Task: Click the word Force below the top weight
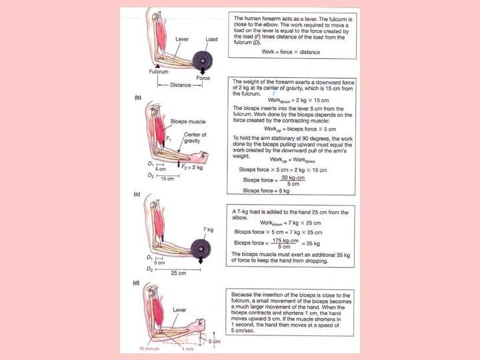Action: (203, 78)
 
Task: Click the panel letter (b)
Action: (137, 99)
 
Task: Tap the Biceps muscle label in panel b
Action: (189, 122)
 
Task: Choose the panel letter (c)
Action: (137, 195)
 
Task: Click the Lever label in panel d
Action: (179, 310)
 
